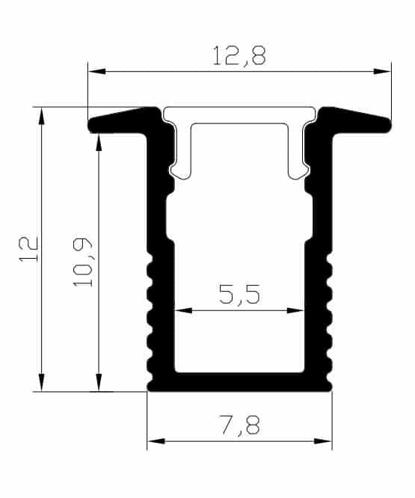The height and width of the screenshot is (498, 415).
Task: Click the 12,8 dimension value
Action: (x=239, y=56)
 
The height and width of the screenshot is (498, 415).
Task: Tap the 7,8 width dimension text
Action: (x=240, y=425)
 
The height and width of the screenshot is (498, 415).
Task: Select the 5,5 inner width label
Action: (x=239, y=294)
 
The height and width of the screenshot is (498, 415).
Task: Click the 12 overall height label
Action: (x=28, y=249)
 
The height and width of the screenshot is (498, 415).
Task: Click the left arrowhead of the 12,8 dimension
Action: (x=97, y=72)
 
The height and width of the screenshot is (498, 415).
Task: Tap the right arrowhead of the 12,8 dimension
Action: (x=382, y=72)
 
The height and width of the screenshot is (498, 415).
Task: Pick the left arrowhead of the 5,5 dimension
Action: (x=184, y=310)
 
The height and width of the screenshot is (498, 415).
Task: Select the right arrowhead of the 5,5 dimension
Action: (x=295, y=310)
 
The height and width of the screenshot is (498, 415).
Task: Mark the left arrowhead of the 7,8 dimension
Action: (x=156, y=441)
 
